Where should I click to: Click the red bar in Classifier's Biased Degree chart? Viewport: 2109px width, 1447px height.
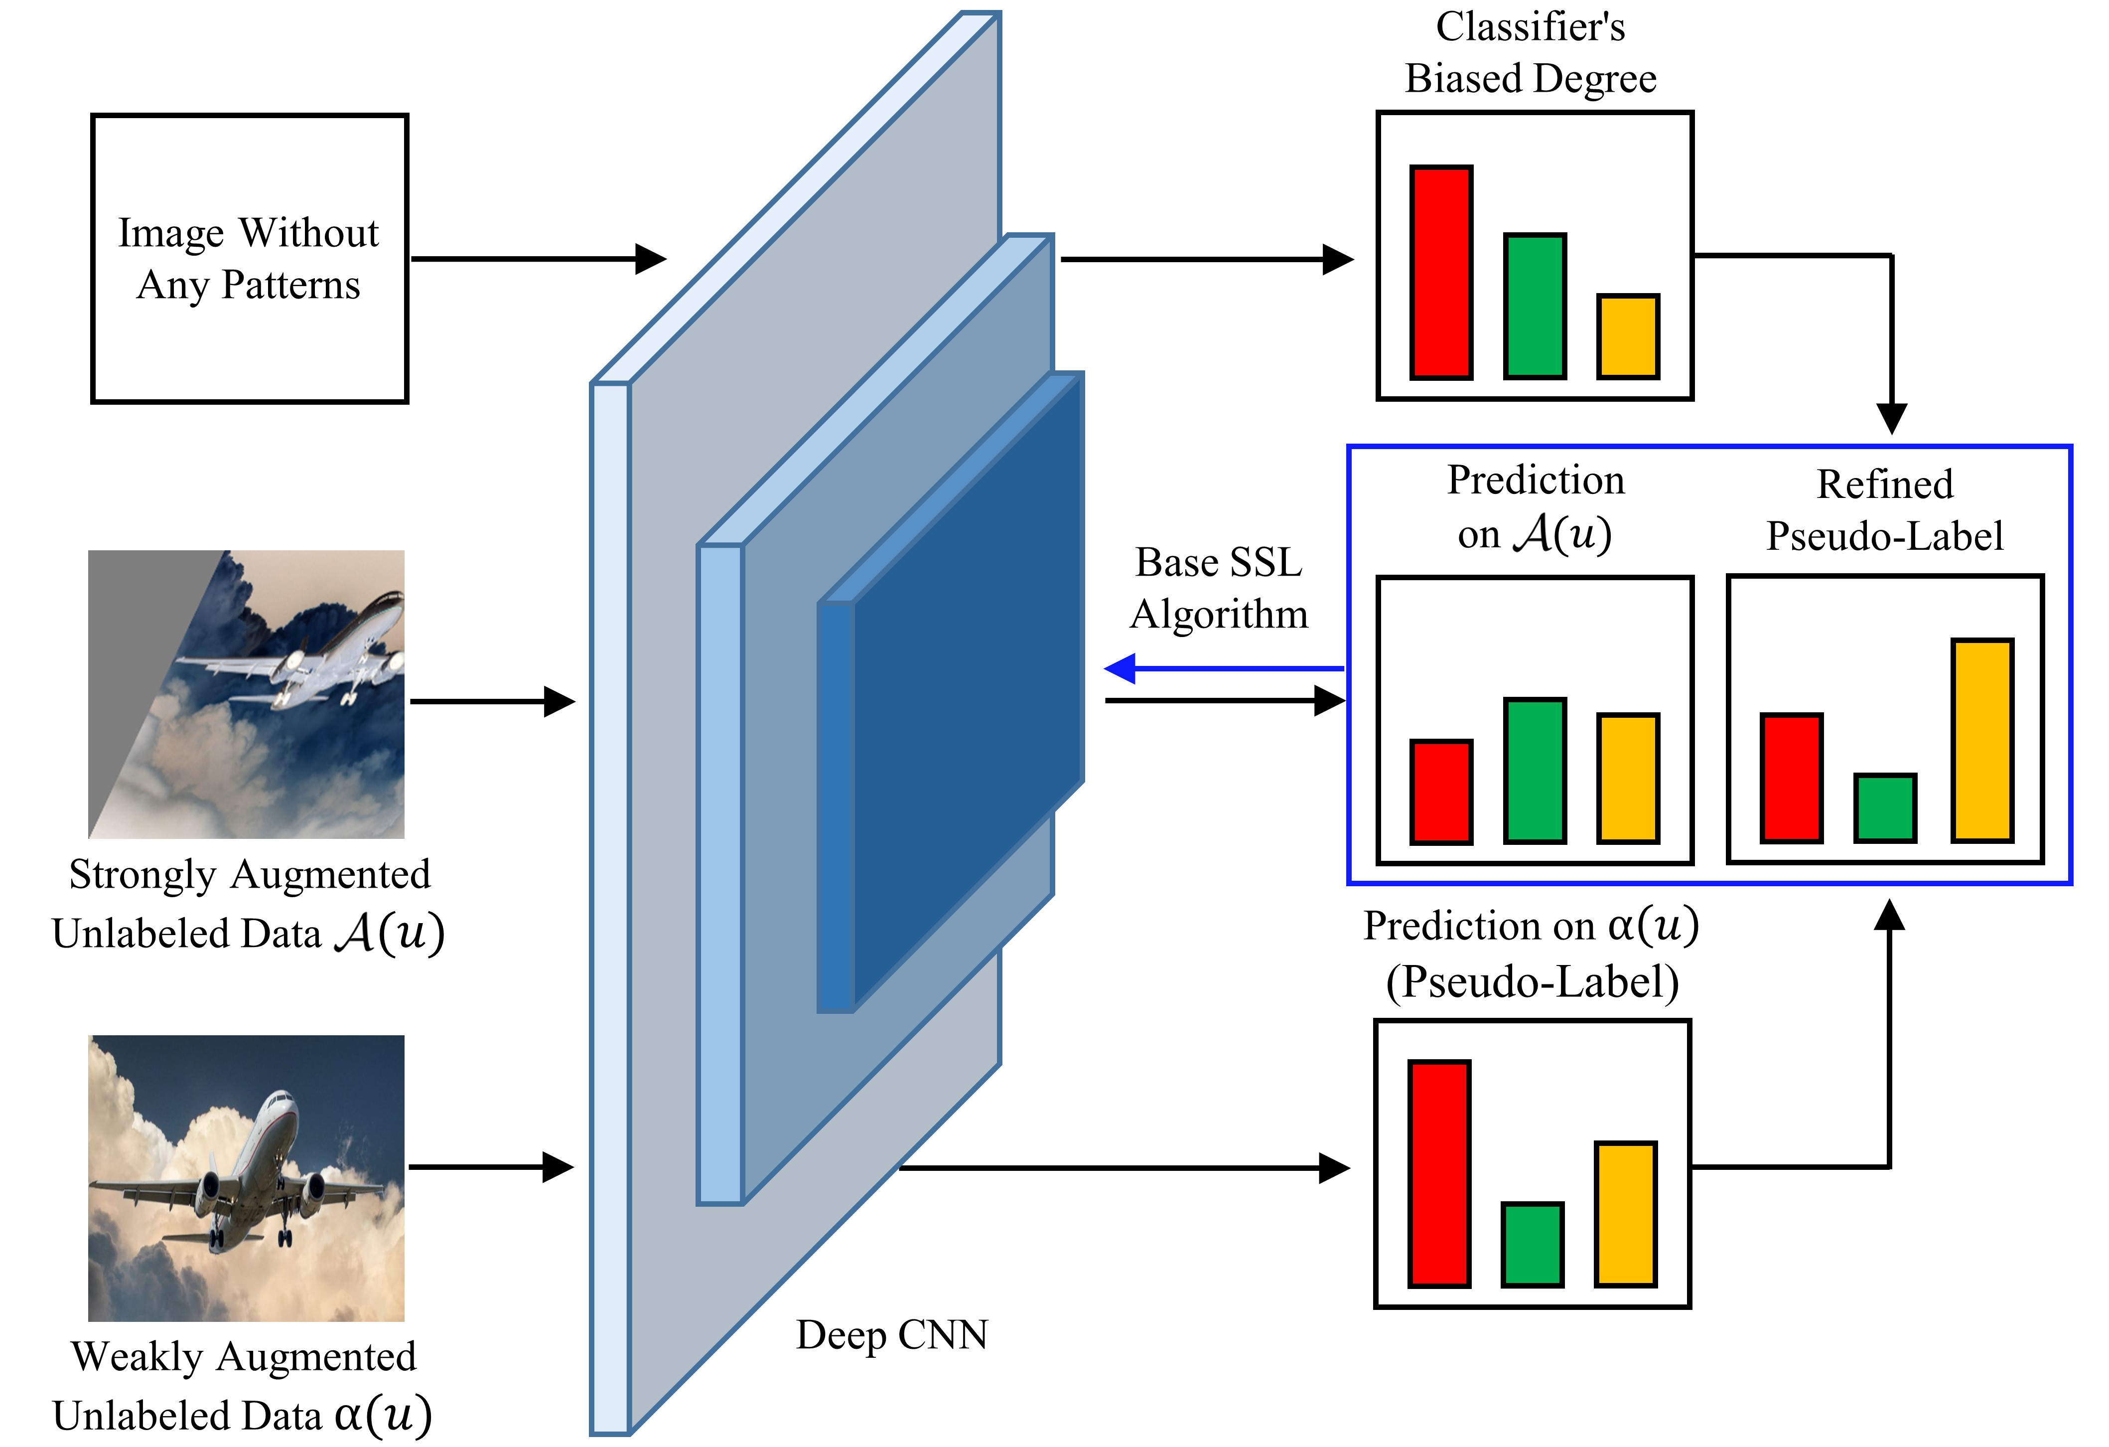coord(1440,272)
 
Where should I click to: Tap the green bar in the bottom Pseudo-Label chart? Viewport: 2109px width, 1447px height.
coord(1532,1244)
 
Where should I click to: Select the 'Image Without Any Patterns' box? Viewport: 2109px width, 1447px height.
coord(250,259)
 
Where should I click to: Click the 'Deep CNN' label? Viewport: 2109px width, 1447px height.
coord(891,1334)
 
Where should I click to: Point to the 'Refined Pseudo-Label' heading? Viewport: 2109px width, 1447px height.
coord(1884,510)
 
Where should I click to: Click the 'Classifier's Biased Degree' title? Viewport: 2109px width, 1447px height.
coord(1530,53)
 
